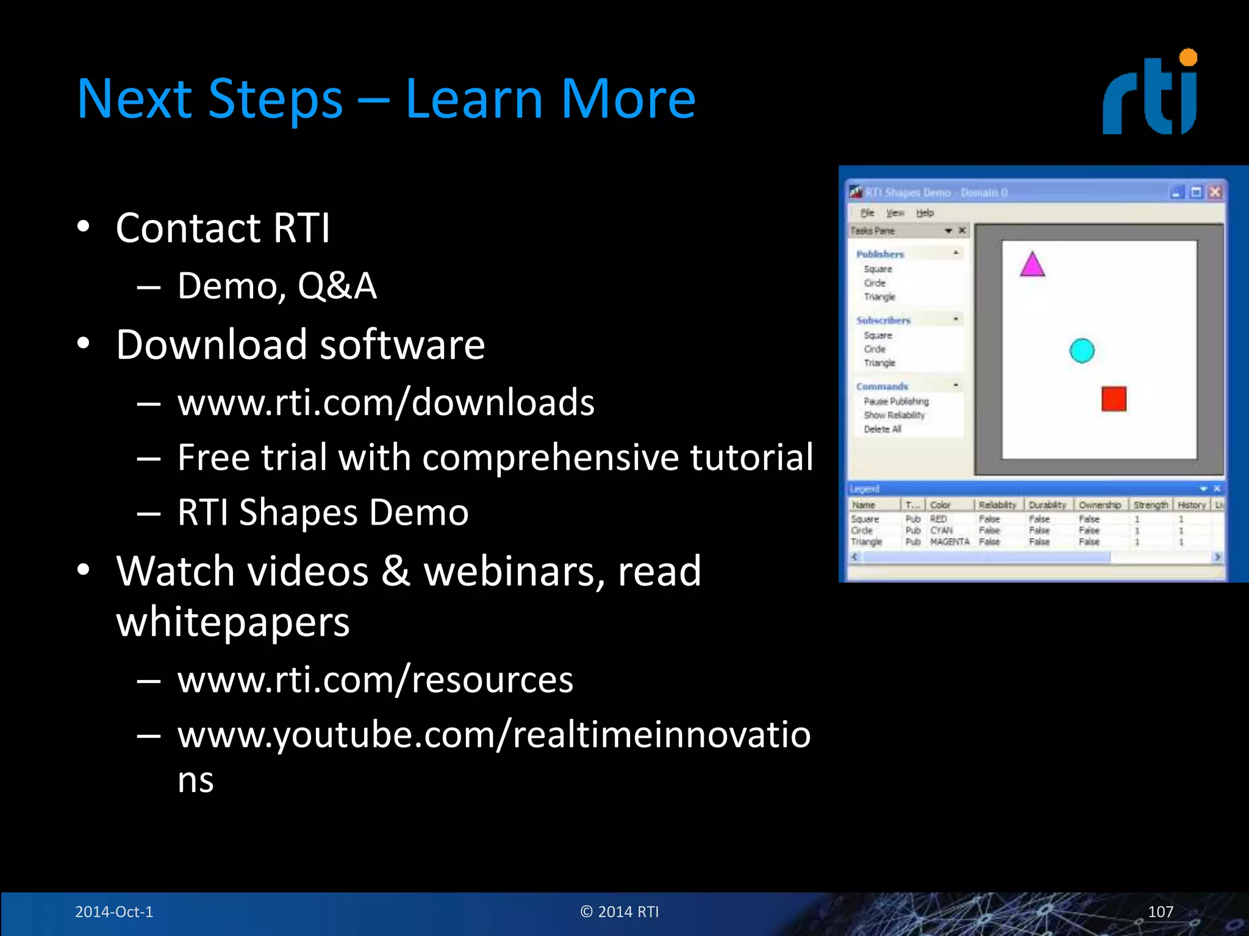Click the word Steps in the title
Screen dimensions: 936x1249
275,100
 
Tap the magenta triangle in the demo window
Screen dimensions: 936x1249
1032,266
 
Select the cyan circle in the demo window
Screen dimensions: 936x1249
1082,351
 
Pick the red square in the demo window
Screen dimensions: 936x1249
1114,399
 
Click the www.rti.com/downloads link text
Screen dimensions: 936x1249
385,403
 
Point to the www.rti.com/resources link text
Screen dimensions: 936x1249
375,680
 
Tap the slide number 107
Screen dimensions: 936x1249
1160,912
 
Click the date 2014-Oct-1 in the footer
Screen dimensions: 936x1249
114,912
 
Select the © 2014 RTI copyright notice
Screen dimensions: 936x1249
620,912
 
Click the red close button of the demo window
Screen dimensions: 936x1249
1215,193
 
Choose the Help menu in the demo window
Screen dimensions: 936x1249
925,213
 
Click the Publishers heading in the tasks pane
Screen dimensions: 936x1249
879,254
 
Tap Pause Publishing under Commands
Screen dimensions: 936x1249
896,402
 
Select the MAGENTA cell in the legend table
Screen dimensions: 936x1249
950,542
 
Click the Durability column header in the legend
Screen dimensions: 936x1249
1047,505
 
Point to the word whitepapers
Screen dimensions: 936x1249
233,623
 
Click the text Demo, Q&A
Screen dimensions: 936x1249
277,286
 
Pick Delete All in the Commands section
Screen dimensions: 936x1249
882,430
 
